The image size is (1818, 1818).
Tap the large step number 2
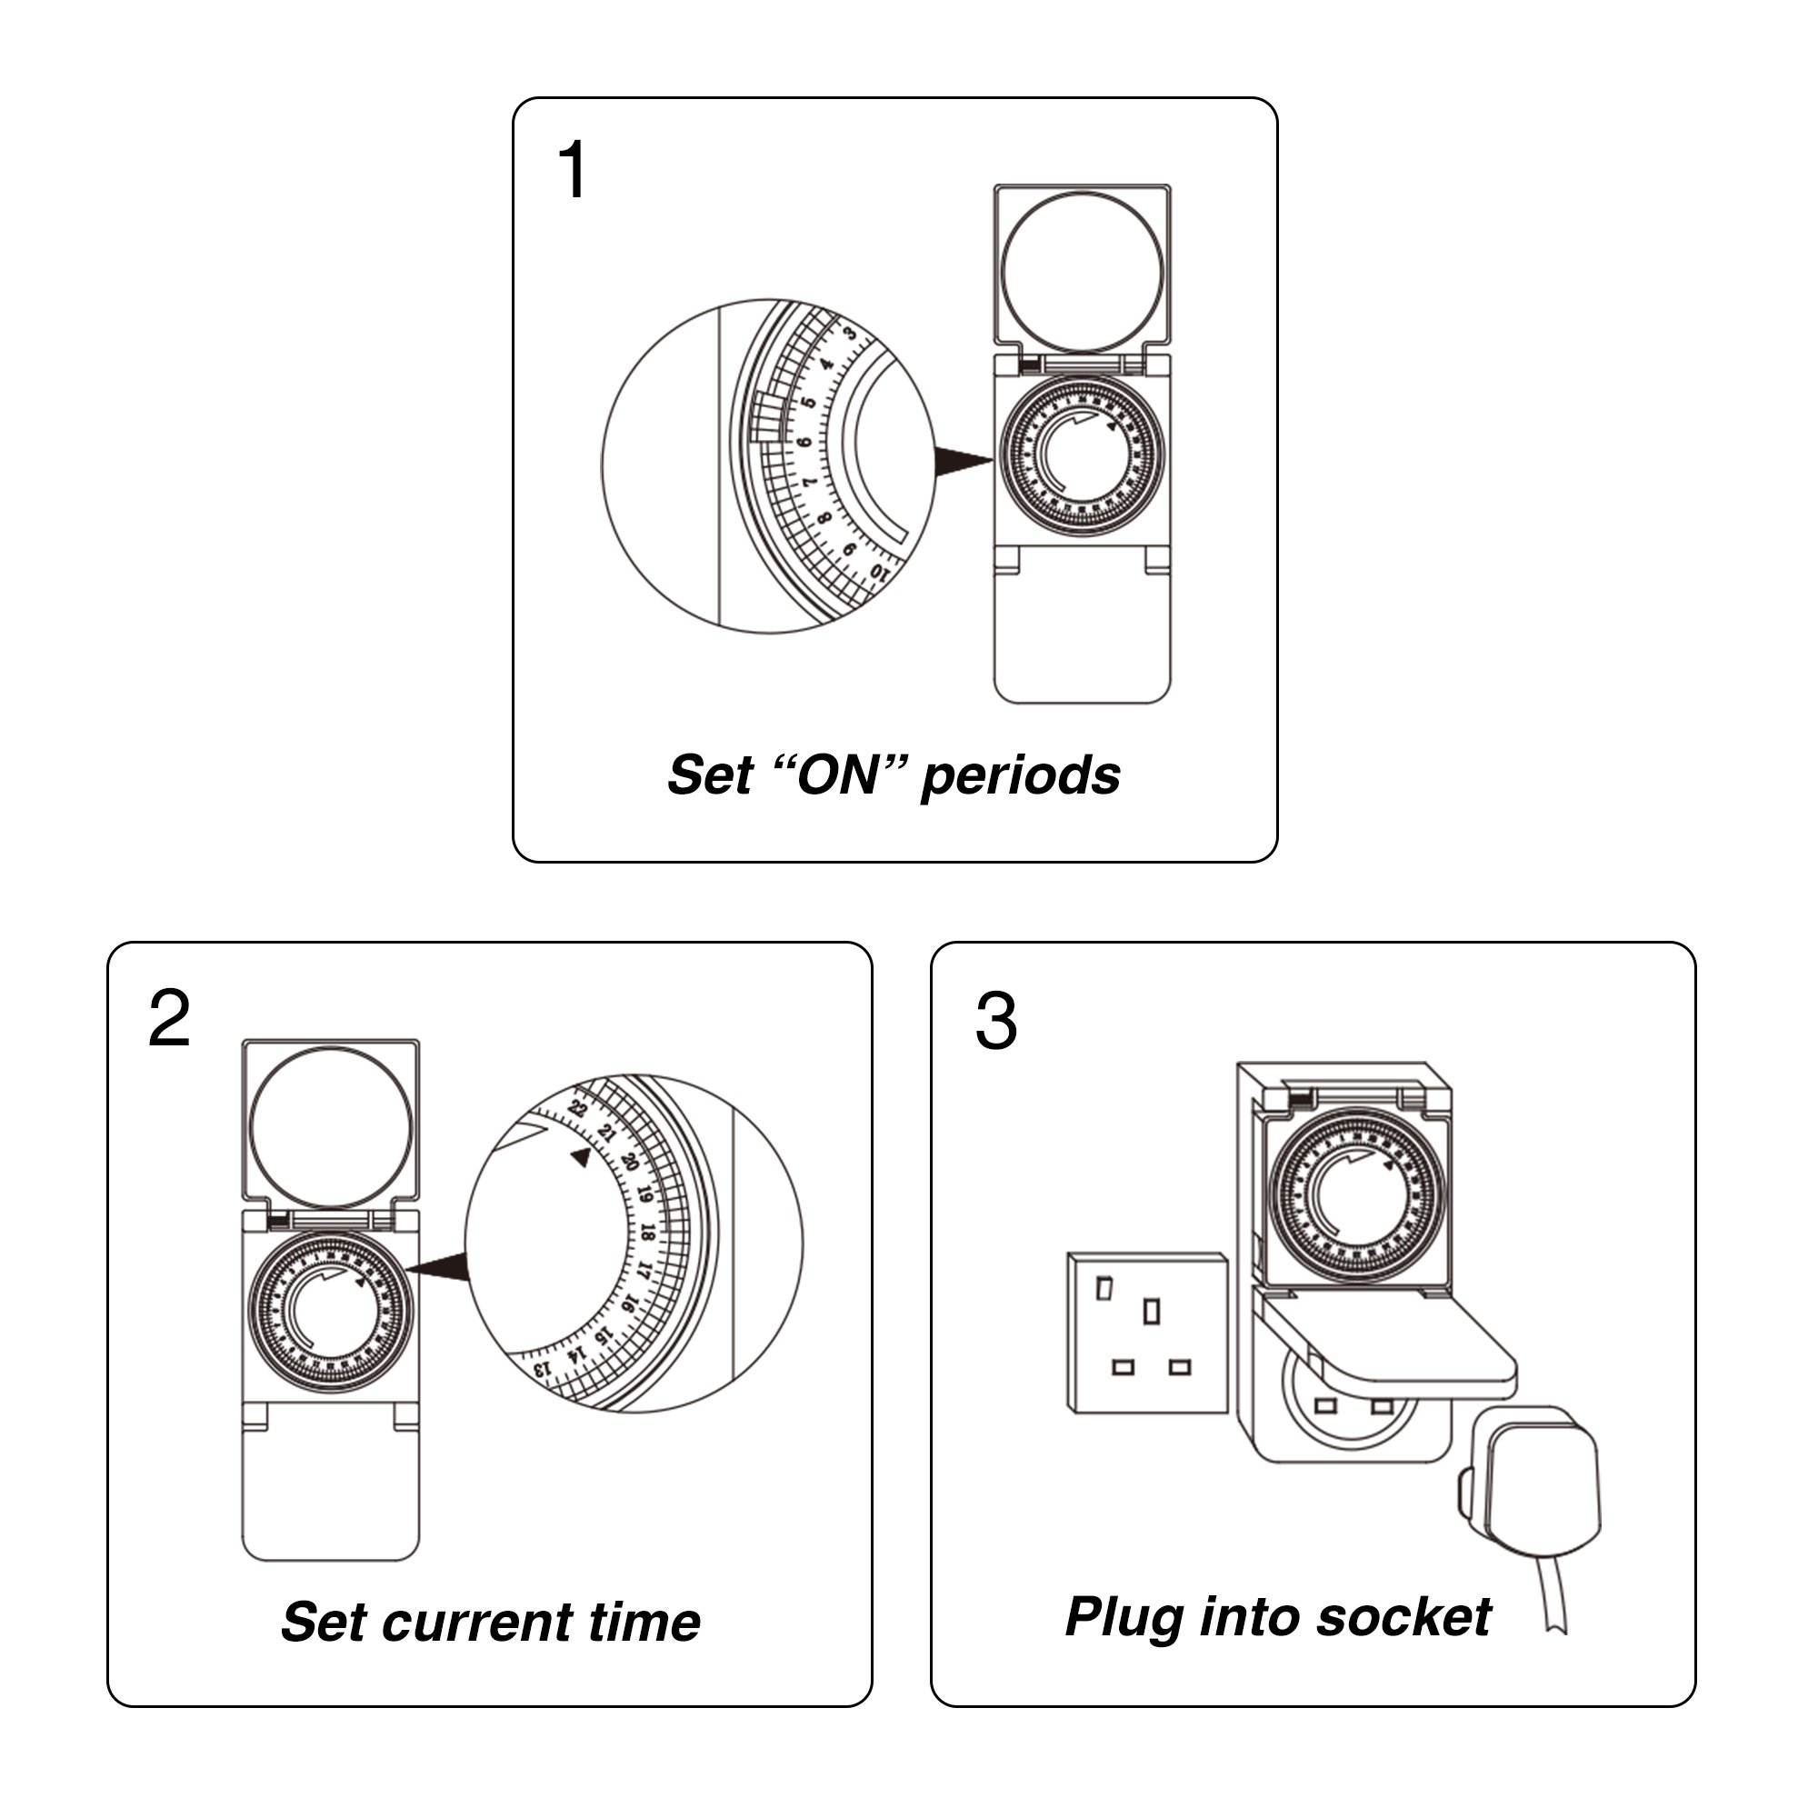[169, 1019]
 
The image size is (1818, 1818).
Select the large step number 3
[996, 1022]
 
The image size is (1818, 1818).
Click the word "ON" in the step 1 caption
[836, 776]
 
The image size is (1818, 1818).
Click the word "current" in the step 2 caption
[476, 1624]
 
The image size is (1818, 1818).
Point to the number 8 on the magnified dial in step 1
[825, 517]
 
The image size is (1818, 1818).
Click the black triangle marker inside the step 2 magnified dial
[581, 1157]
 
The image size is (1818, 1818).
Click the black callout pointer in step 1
[962, 461]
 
